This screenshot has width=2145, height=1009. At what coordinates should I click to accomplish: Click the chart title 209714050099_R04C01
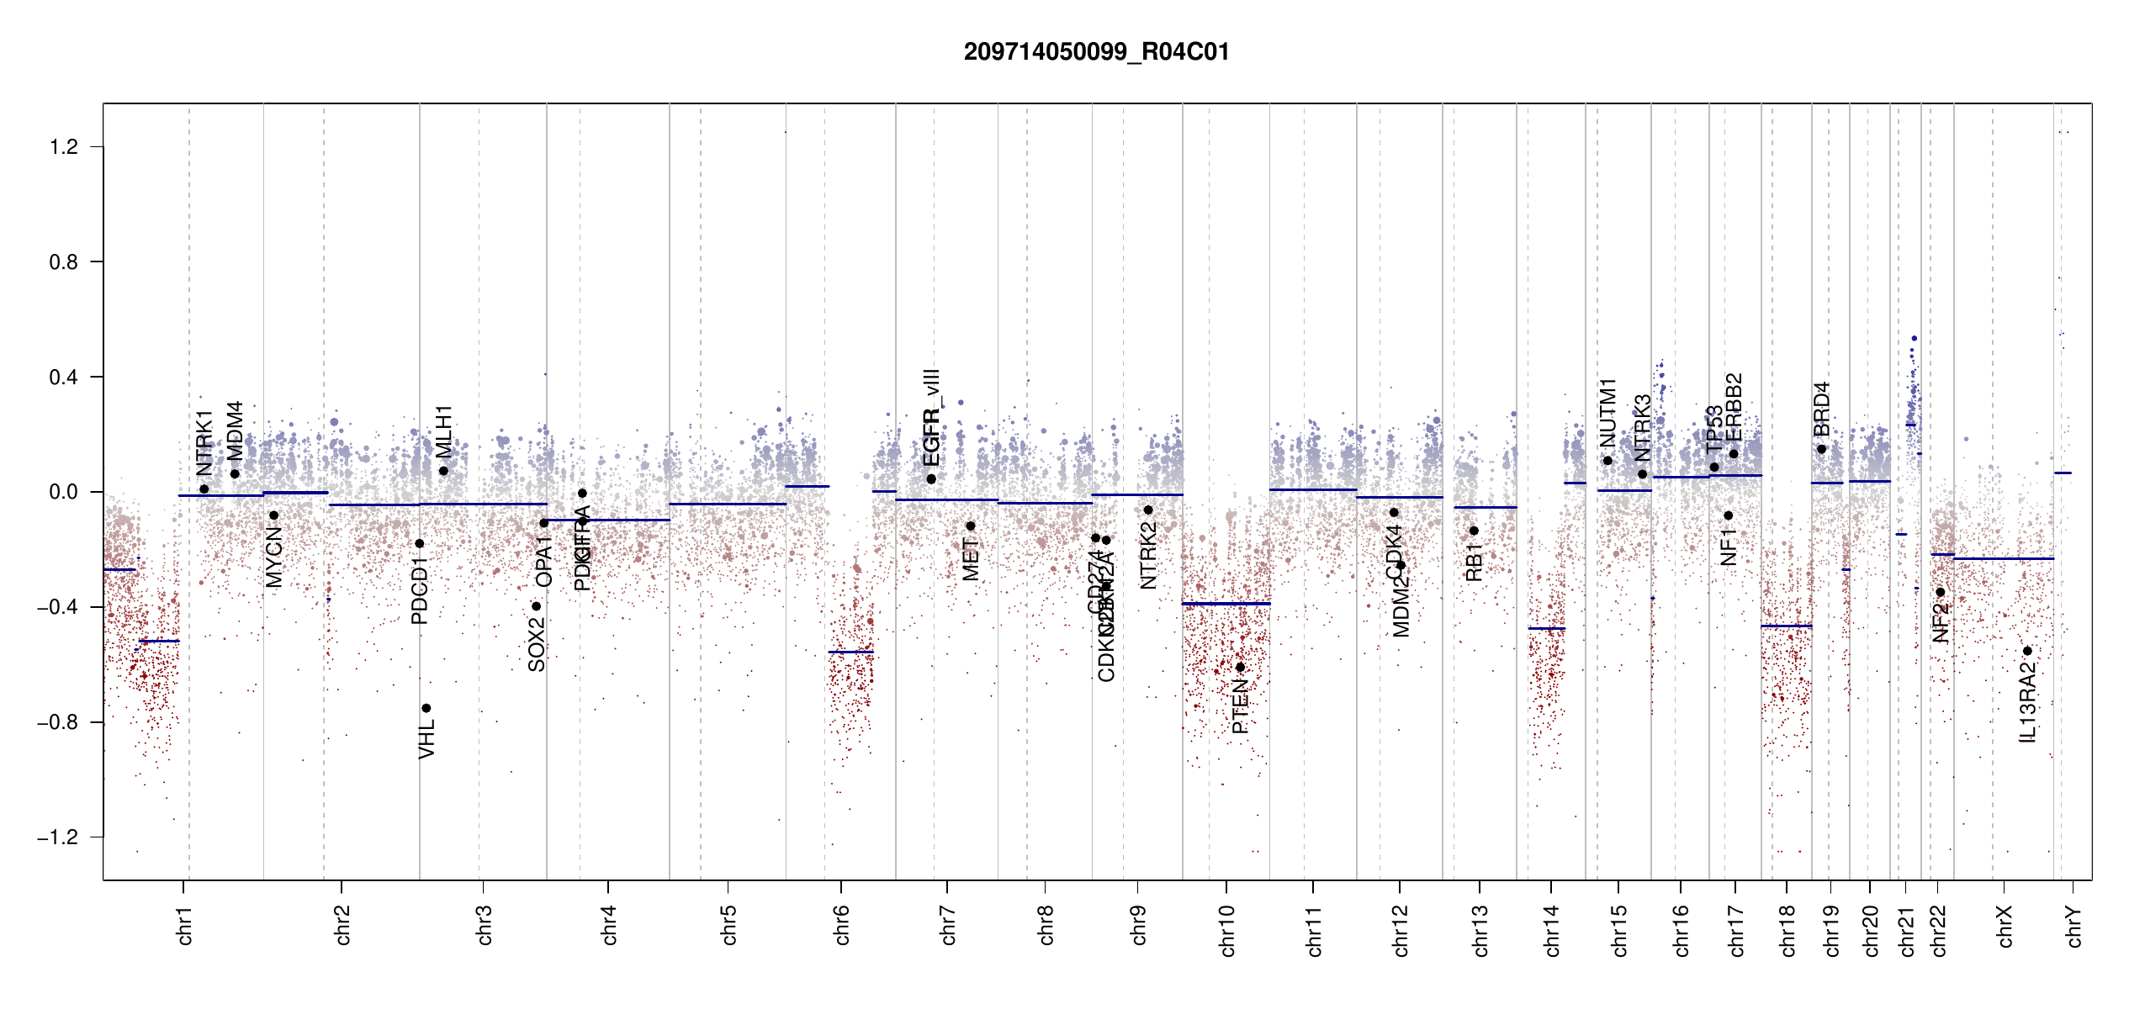1096,52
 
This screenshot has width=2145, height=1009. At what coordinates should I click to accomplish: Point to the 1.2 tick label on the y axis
63,147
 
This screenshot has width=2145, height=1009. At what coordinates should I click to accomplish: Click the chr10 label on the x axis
1227,931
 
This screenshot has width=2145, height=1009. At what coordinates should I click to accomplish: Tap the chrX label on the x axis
2005,927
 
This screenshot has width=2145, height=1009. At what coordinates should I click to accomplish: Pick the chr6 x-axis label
842,925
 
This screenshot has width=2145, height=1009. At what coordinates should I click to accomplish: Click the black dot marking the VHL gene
426,708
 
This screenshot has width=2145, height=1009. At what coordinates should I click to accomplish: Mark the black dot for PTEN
1240,668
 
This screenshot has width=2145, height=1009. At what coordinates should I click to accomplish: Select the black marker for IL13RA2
2027,651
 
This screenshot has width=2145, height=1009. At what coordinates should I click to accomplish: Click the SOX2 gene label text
537,644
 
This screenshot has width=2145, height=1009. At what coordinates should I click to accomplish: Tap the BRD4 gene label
1822,409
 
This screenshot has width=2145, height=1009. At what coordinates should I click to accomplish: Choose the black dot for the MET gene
971,526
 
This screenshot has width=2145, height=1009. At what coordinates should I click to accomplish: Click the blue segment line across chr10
1226,604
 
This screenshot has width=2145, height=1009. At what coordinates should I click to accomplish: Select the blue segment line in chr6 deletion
850,652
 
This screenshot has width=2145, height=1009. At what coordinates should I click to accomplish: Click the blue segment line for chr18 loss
1787,626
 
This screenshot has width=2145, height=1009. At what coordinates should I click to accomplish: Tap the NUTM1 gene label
1607,413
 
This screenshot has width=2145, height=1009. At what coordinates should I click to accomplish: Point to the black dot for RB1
1474,531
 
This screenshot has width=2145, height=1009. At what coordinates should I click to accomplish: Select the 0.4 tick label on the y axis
63,378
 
